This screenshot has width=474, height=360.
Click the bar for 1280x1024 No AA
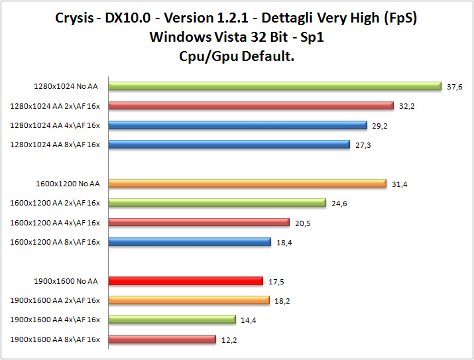tap(274, 86)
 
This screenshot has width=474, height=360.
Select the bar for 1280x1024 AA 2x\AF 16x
tap(251, 105)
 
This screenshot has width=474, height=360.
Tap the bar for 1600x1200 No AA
tap(247, 184)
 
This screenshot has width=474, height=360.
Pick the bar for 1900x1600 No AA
tap(186, 280)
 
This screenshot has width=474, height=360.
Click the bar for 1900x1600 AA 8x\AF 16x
tap(162, 339)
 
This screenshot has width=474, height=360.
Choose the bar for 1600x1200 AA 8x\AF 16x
tap(190, 242)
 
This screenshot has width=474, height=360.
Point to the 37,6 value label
tap(455, 86)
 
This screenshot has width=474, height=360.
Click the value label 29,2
tap(381, 125)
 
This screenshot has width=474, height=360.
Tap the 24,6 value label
tap(339, 204)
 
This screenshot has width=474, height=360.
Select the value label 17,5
tap(277, 281)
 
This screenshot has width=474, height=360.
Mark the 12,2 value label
tap(229, 340)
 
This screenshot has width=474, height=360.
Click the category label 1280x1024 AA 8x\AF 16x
tap(55, 145)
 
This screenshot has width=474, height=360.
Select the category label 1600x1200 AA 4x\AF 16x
tap(55, 223)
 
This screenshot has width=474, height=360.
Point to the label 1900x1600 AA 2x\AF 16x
tap(55, 300)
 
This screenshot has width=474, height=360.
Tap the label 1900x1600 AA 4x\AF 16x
tap(55, 320)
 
